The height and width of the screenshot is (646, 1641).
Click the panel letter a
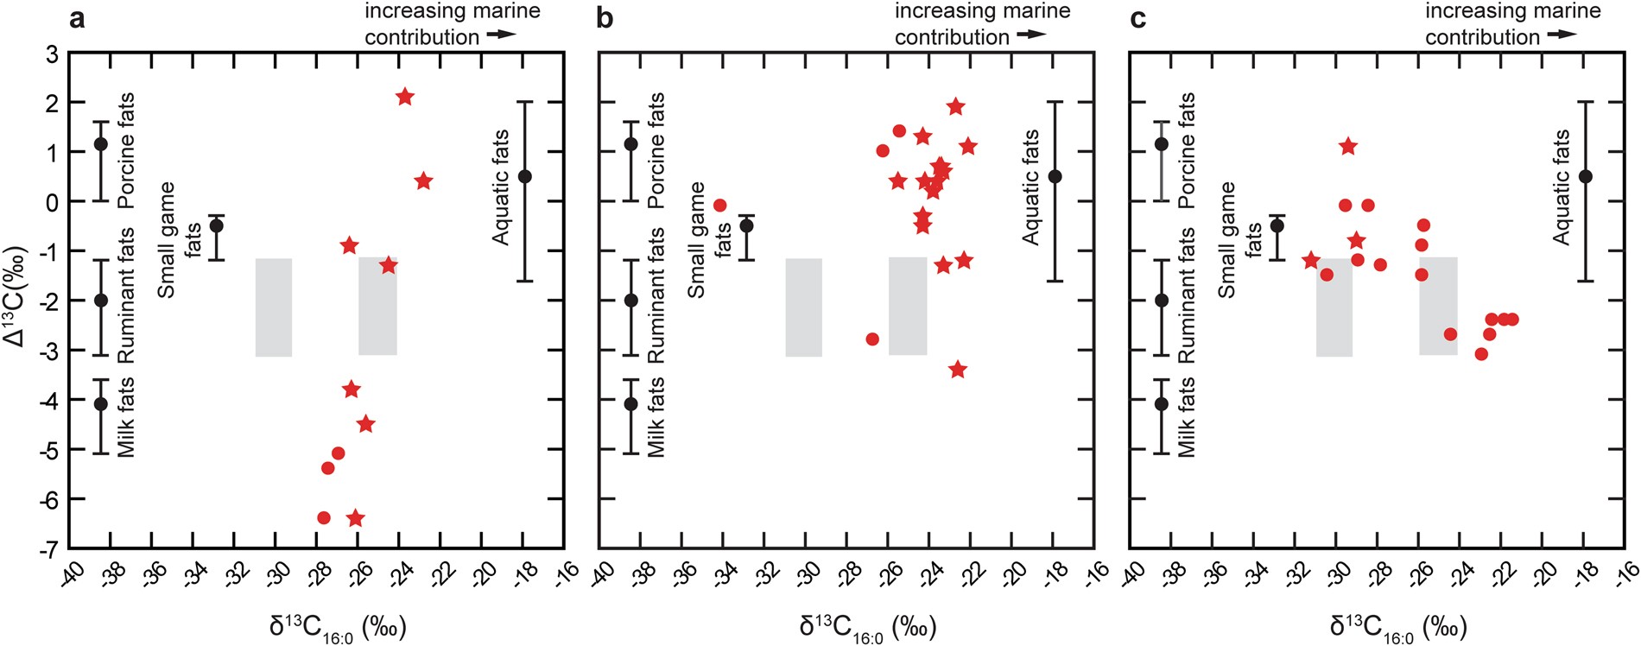(x=77, y=18)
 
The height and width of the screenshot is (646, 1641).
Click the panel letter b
(x=605, y=18)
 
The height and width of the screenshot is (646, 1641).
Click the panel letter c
(x=1138, y=18)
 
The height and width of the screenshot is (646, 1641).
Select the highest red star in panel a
(x=404, y=97)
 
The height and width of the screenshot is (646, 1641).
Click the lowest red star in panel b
(x=957, y=370)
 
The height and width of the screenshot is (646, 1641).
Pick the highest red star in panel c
(x=1347, y=147)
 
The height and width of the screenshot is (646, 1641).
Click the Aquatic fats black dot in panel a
(x=524, y=176)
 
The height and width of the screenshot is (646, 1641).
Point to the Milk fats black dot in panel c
(x=1162, y=403)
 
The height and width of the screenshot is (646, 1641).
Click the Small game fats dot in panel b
(x=747, y=225)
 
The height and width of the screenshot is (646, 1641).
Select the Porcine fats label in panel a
(x=126, y=151)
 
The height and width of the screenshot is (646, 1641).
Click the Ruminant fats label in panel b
(x=656, y=295)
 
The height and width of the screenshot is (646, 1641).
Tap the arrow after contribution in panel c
(x=1562, y=35)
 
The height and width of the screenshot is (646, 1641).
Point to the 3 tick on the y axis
(x=52, y=54)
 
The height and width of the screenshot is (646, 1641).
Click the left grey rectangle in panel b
(x=803, y=307)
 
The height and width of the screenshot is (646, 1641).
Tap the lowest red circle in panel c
(x=1481, y=354)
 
